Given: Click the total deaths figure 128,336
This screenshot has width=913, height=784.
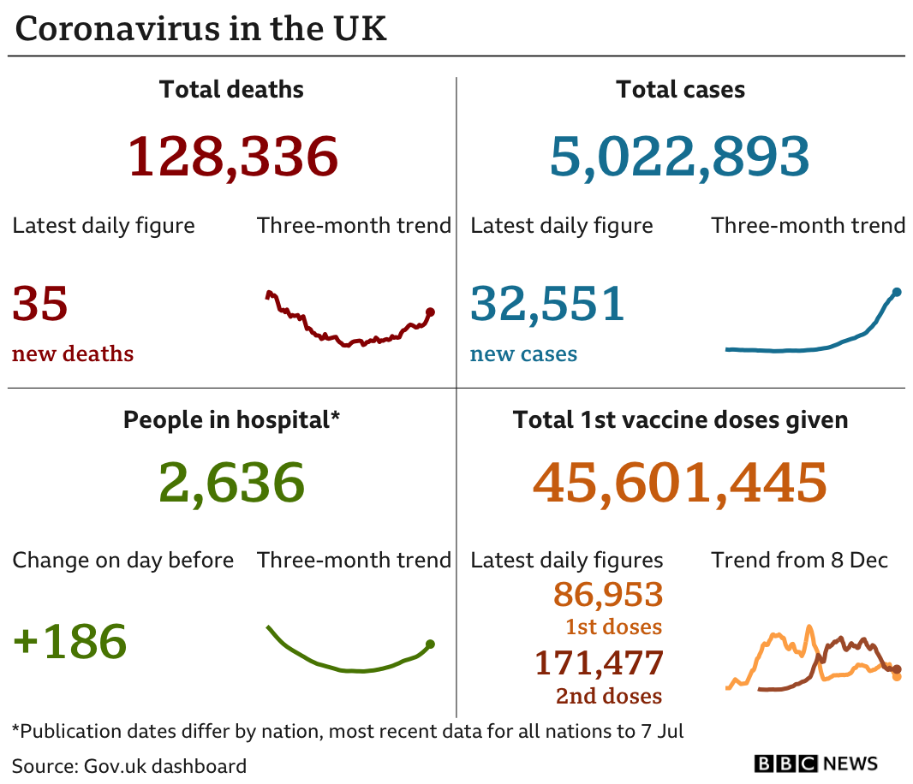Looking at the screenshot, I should click(x=232, y=157).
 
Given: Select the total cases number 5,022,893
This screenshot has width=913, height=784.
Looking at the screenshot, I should click(x=679, y=157).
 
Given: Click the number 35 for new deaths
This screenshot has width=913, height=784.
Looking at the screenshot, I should click(x=40, y=304).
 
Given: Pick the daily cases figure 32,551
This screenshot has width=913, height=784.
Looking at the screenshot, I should click(x=547, y=304).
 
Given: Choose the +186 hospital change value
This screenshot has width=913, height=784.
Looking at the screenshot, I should click(x=70, y=641).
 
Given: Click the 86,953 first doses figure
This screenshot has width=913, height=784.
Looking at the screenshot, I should click(x=608, y=593).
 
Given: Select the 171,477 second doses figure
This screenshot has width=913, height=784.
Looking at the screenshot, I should click(x=599, y=662).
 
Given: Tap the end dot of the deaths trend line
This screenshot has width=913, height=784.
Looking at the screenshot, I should click(x=430, y=312).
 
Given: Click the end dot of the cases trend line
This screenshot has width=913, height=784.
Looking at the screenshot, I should click(x=897, y=292).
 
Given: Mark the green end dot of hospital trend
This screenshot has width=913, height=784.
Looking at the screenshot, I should click(x=430, y=644).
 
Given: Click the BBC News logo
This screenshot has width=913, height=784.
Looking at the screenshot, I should click(x=815, y=763).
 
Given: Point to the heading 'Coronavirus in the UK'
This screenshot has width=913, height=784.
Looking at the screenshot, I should click(x=201, y=29).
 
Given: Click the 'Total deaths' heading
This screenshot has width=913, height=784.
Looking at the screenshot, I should click(x=231, y=89).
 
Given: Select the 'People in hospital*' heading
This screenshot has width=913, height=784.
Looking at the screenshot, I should click(x=231, y=420).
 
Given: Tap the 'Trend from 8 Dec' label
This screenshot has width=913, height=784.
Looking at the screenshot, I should click(x=799, y=561).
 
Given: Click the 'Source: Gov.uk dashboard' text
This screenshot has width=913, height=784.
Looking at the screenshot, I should click(x=129, y=765).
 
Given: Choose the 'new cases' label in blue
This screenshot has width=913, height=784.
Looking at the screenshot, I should click(x=523, y=354).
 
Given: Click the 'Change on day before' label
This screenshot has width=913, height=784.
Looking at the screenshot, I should click(x=122, y=561).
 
